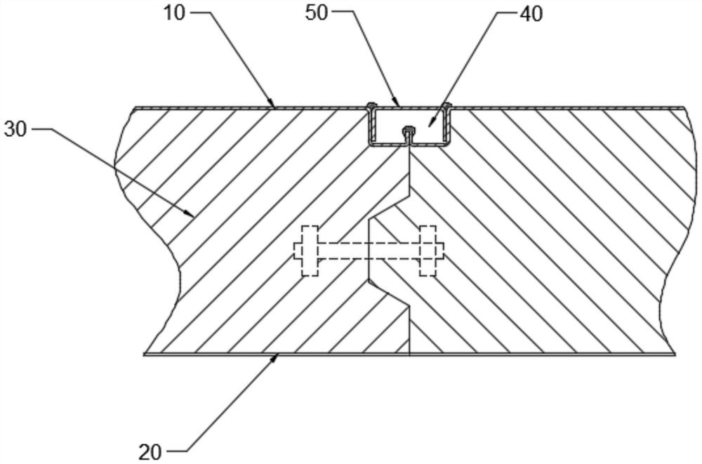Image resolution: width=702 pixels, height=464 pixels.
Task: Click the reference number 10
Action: (176, 14)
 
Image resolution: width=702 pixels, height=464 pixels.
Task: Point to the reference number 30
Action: (16, 130)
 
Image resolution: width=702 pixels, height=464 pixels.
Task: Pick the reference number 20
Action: (150, 450)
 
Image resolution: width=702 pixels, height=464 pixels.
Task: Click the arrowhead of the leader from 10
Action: (274, 106)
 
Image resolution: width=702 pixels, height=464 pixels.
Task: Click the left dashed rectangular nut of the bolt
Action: (310, 251)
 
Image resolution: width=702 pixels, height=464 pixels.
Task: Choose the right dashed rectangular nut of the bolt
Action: (428, 251)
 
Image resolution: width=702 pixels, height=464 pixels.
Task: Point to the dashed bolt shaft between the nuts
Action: (369, 251)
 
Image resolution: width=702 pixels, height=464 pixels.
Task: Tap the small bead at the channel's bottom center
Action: (408, 130)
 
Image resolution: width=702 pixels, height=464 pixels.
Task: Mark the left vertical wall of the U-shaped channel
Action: (372, 126)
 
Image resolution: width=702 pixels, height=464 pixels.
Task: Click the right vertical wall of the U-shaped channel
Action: (447, 126)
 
